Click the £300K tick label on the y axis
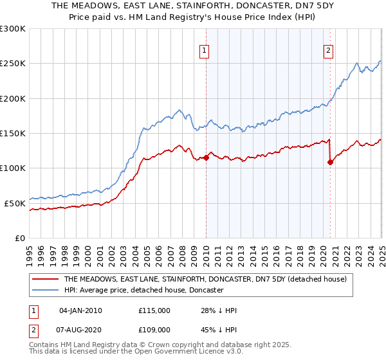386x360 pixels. [x=13, y=29]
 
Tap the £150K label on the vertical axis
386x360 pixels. [x=13, y=133]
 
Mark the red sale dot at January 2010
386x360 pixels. [x=206, y=157]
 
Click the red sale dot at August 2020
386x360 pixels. [x=330, y=162]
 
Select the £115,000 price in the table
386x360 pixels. [x=154, y=310]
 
